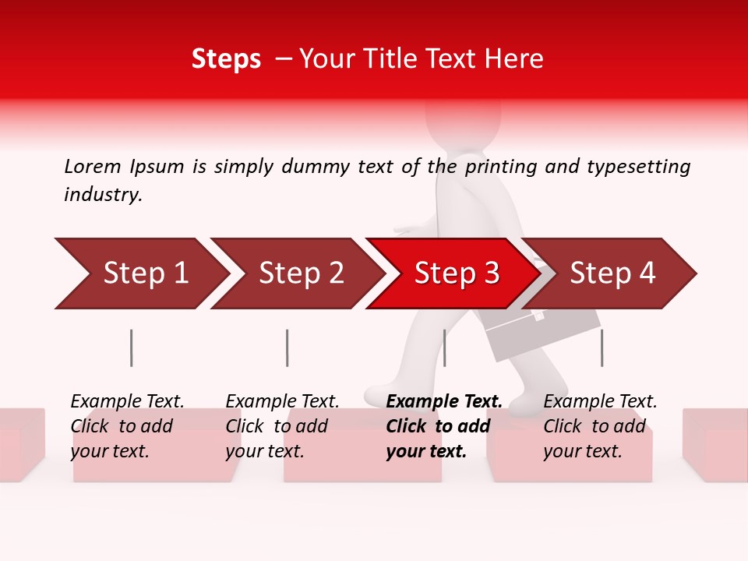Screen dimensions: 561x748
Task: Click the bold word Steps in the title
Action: pos(226,59)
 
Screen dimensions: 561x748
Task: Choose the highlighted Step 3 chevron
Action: pos(457,273)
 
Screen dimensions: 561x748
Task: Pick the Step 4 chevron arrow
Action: pos(612,273)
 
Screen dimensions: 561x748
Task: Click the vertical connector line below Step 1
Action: pos(132,348)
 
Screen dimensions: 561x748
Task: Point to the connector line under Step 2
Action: pos(288,348)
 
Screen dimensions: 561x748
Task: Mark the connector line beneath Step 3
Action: pos(444,348)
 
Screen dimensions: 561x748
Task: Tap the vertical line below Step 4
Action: pos(602,348)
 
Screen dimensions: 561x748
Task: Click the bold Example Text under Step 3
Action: pos(444,426)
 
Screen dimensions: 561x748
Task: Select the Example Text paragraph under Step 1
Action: pos(128,426)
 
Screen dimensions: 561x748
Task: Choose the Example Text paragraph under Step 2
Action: pos(283,426)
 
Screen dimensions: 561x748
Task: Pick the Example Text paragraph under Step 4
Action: pos(600,426)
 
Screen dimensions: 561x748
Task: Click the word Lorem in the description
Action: pos(93,166)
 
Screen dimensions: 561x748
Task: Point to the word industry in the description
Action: pos(103,195)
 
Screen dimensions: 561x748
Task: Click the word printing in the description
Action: pos(501,167)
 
